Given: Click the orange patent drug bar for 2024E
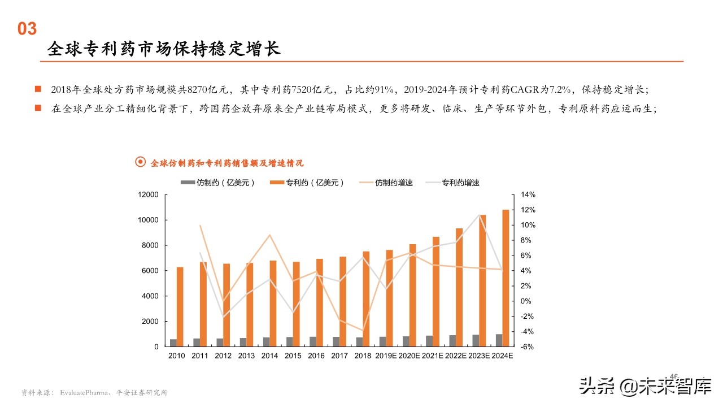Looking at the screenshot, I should [506, 278].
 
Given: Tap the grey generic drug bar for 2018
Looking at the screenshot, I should [359, 341].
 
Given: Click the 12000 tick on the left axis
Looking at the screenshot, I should [148, 194].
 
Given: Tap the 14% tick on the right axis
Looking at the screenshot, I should [528, 194].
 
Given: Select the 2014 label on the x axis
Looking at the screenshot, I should [270, 356].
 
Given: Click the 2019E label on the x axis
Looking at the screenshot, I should [386, 356].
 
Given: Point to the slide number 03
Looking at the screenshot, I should [27, 29].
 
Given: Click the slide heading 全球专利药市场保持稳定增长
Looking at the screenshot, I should [164, 49].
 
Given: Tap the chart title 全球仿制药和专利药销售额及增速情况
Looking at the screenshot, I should [227, 163].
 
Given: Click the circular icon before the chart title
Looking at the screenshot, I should [141, 163].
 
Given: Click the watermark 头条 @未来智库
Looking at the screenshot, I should [644, 386].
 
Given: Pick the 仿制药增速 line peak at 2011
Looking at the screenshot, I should [200, 226].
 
